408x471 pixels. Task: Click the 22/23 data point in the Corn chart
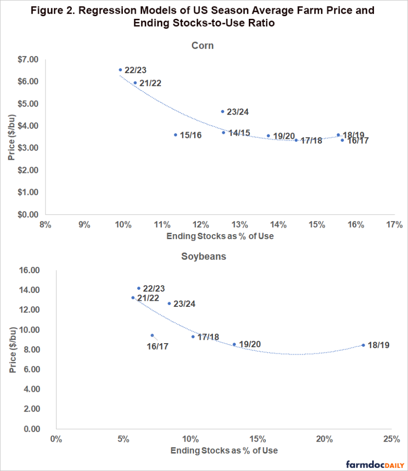121,70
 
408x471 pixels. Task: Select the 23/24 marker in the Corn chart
222,111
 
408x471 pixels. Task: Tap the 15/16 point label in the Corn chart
191,135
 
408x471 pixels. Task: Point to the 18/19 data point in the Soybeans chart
363,345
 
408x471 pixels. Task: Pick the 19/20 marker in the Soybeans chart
234,344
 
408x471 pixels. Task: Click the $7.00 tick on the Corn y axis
28,59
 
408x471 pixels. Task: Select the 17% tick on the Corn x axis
395,224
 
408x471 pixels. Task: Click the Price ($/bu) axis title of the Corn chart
11,137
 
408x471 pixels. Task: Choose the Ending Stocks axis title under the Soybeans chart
224,450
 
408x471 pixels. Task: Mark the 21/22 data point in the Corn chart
135,83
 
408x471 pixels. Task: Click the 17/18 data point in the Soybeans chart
193,337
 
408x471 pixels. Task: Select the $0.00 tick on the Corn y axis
28,214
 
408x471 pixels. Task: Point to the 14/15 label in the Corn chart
239,133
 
